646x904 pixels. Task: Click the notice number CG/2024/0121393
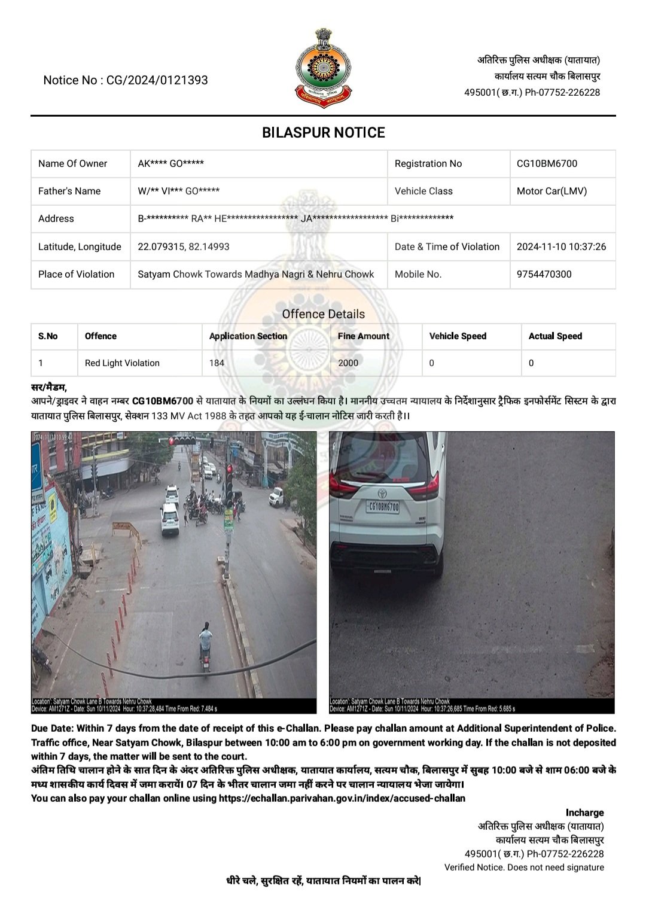[157, 80]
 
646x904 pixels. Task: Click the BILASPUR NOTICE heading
[323, 132]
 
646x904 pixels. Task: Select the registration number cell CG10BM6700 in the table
[547, 163]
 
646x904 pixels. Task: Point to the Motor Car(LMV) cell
[551, 191]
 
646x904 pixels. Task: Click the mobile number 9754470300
[544, 274]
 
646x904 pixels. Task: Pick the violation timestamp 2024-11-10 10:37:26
[561, 246]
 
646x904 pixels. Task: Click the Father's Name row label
[69, 191]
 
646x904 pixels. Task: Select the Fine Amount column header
[363, 336]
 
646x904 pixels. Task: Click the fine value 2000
[348, 363]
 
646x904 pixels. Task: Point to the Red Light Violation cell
[122, 363]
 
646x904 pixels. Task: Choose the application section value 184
[217, 363]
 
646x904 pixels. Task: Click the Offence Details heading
[323, 314]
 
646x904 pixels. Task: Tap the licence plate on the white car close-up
[383, 507]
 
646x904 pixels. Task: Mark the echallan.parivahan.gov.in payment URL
[342, 798]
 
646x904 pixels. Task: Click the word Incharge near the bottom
[584, 812]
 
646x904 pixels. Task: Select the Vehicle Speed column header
[458, 336]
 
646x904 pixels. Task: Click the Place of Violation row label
[76, 274]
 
